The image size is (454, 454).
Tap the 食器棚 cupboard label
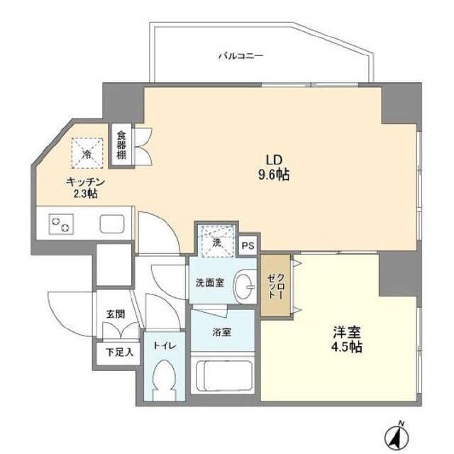point(121,145)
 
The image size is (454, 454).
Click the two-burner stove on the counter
point(60,224)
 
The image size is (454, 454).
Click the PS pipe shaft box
point(248,245)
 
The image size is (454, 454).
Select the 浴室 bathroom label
point(221,332)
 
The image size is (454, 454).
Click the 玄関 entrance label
point(115,313)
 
